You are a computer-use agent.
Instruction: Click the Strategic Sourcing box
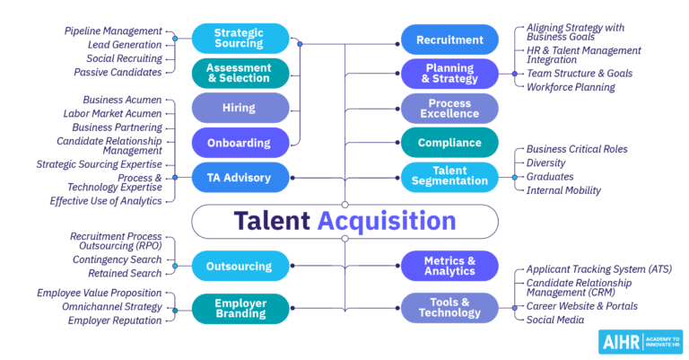(240, 39)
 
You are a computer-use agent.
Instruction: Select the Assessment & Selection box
(240, 73)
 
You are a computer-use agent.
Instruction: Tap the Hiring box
(240, 108)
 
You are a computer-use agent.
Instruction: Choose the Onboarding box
(240, 143)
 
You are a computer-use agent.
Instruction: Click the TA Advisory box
(240, 177)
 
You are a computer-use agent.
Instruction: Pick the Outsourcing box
(240, 266)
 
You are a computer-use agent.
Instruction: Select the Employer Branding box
(240, 309)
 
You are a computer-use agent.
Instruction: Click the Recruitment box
(449, 40)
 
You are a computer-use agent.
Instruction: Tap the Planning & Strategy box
(449, 73)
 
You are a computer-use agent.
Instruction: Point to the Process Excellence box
(449, 108)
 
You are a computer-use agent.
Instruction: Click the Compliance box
(449, 142)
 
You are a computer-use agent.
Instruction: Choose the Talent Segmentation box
(449, 177)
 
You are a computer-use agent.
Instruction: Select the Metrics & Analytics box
(449, 266)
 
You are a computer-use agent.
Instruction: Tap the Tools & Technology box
(449, 308)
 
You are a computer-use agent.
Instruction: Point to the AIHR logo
(633, 341)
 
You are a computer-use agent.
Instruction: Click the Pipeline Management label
(113, 31)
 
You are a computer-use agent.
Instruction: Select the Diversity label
(545, 162)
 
